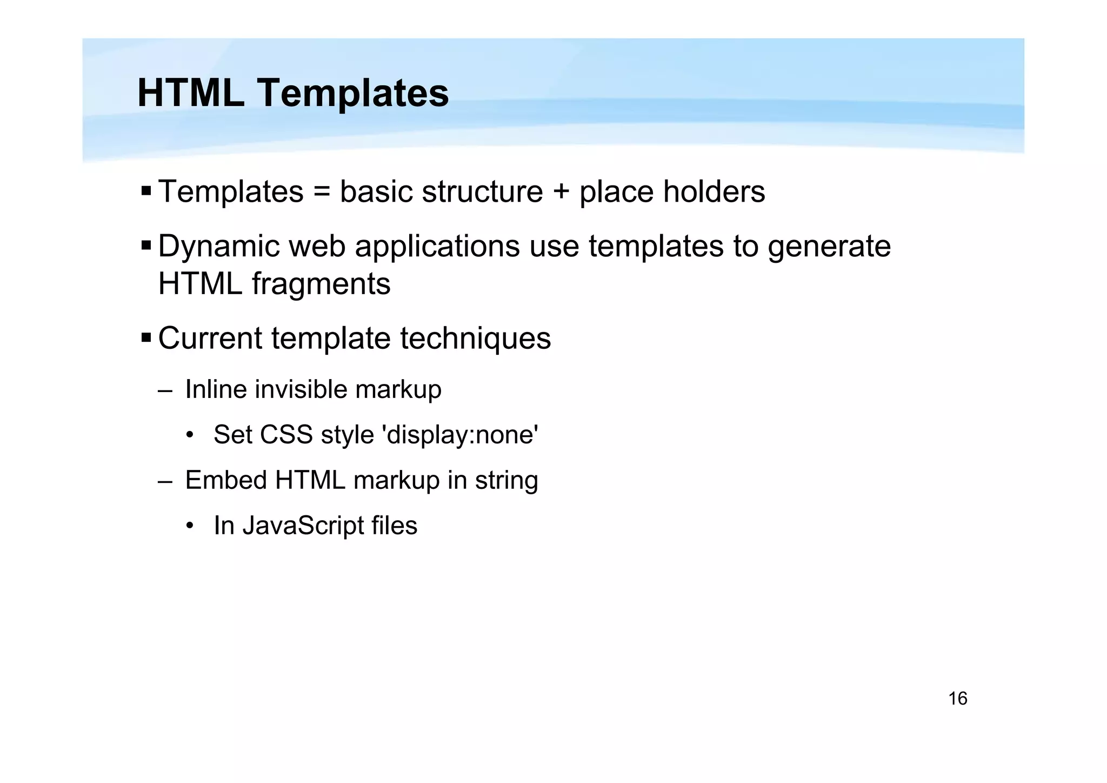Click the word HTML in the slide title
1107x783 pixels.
190,93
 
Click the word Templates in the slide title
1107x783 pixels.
352,93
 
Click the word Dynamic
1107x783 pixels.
219,247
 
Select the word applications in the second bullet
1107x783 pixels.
437,247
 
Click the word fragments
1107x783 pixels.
321,284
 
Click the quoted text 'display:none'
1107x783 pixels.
460,435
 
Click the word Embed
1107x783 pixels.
226,480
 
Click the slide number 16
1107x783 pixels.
957,699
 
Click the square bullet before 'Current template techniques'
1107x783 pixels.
146,338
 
